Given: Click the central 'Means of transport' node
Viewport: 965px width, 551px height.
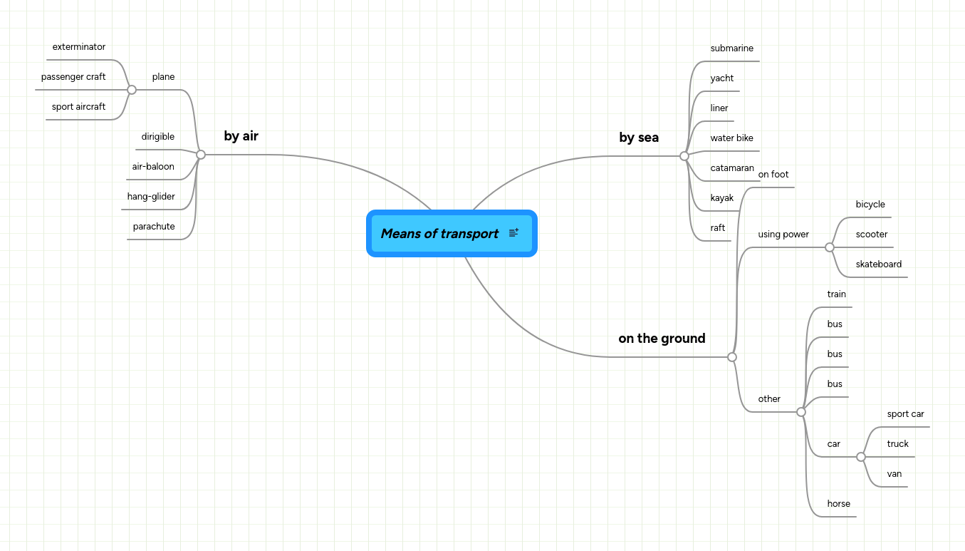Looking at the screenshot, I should pyautogui.click(x=439, y=234).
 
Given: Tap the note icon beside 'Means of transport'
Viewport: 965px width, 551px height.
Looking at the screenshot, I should pyautogui.click(x=514, y=233).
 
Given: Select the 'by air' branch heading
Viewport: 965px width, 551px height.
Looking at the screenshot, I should pyautogui.click(x=241, y=136).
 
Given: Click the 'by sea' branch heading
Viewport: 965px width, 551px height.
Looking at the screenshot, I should pyautogui.click(x=639, y=138).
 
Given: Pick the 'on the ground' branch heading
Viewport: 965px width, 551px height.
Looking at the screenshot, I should pyautogui.click(x=662, y=339).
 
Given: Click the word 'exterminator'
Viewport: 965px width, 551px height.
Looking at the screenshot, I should pyautogui.click(x=79, y=47).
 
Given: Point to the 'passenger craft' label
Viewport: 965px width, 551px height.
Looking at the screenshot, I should pyautogui.click(x=73, y=77).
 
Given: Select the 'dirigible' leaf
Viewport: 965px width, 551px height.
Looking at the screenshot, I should pyautogui.click(x=158, y=137).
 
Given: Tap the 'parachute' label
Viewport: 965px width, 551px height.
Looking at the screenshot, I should pyautogui.click(x=154, y=227).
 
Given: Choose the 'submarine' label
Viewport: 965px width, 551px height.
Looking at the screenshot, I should pyautogui.click(x=731, y=48).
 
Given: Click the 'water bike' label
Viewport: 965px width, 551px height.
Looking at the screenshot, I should pyautogui.click(x=731, y=138).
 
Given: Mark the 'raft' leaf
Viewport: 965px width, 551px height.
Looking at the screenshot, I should pyautogui.click(x=718, y=228).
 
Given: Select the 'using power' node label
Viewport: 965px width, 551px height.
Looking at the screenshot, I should pyautogui.click(x=783, y=235).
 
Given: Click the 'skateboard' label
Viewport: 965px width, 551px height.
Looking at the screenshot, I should pyautogui.click(x=879, y=264).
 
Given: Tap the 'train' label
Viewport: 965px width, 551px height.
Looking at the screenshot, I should pyautogui.click(x=837, y=294).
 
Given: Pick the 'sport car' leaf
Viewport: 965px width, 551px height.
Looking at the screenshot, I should pyautogui.click(x=905, y=414).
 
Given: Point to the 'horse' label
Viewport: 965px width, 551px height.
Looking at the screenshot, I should pyautogui.click(x=839, y=504).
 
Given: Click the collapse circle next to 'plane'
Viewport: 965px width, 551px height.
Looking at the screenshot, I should pyautogui.click(x=132, y=90).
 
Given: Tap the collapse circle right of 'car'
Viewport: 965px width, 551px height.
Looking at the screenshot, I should pyautogui.click(x=861, y=457).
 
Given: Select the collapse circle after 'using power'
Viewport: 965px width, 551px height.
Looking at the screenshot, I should pyautogui.click(x=830, y=247).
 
